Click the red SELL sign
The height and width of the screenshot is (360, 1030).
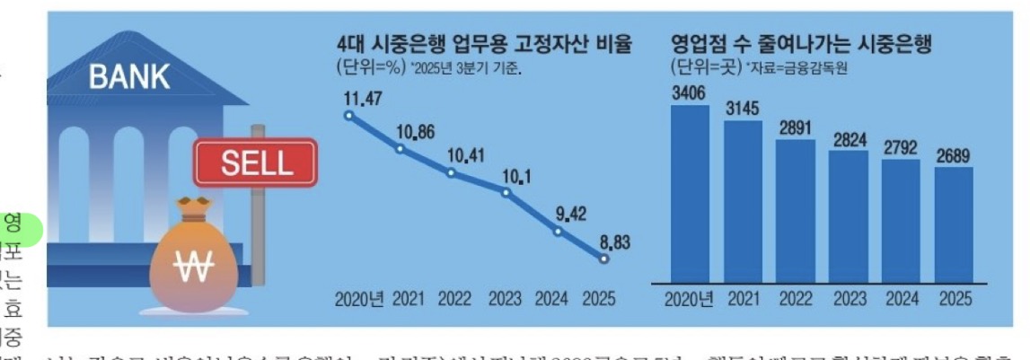(x=256, y=162)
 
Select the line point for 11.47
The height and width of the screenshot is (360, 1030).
(x=349, y=115)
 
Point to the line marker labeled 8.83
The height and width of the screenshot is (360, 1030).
(x=603, y=259)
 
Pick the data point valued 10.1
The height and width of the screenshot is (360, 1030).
(x=506, y=192)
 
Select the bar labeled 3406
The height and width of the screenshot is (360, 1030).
(x=690, y=194)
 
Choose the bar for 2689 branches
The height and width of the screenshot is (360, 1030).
(x=953, y=224)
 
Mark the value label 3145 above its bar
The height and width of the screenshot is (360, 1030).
(x=742, y=110)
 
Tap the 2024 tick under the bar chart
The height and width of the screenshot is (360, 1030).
(x=901, y=299)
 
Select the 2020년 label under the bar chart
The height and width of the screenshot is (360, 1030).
(x=690, y=299)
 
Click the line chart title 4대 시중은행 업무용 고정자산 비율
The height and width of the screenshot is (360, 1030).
(x=484, y=42)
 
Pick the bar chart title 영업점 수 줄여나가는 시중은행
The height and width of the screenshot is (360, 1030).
(x=800, y=42)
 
